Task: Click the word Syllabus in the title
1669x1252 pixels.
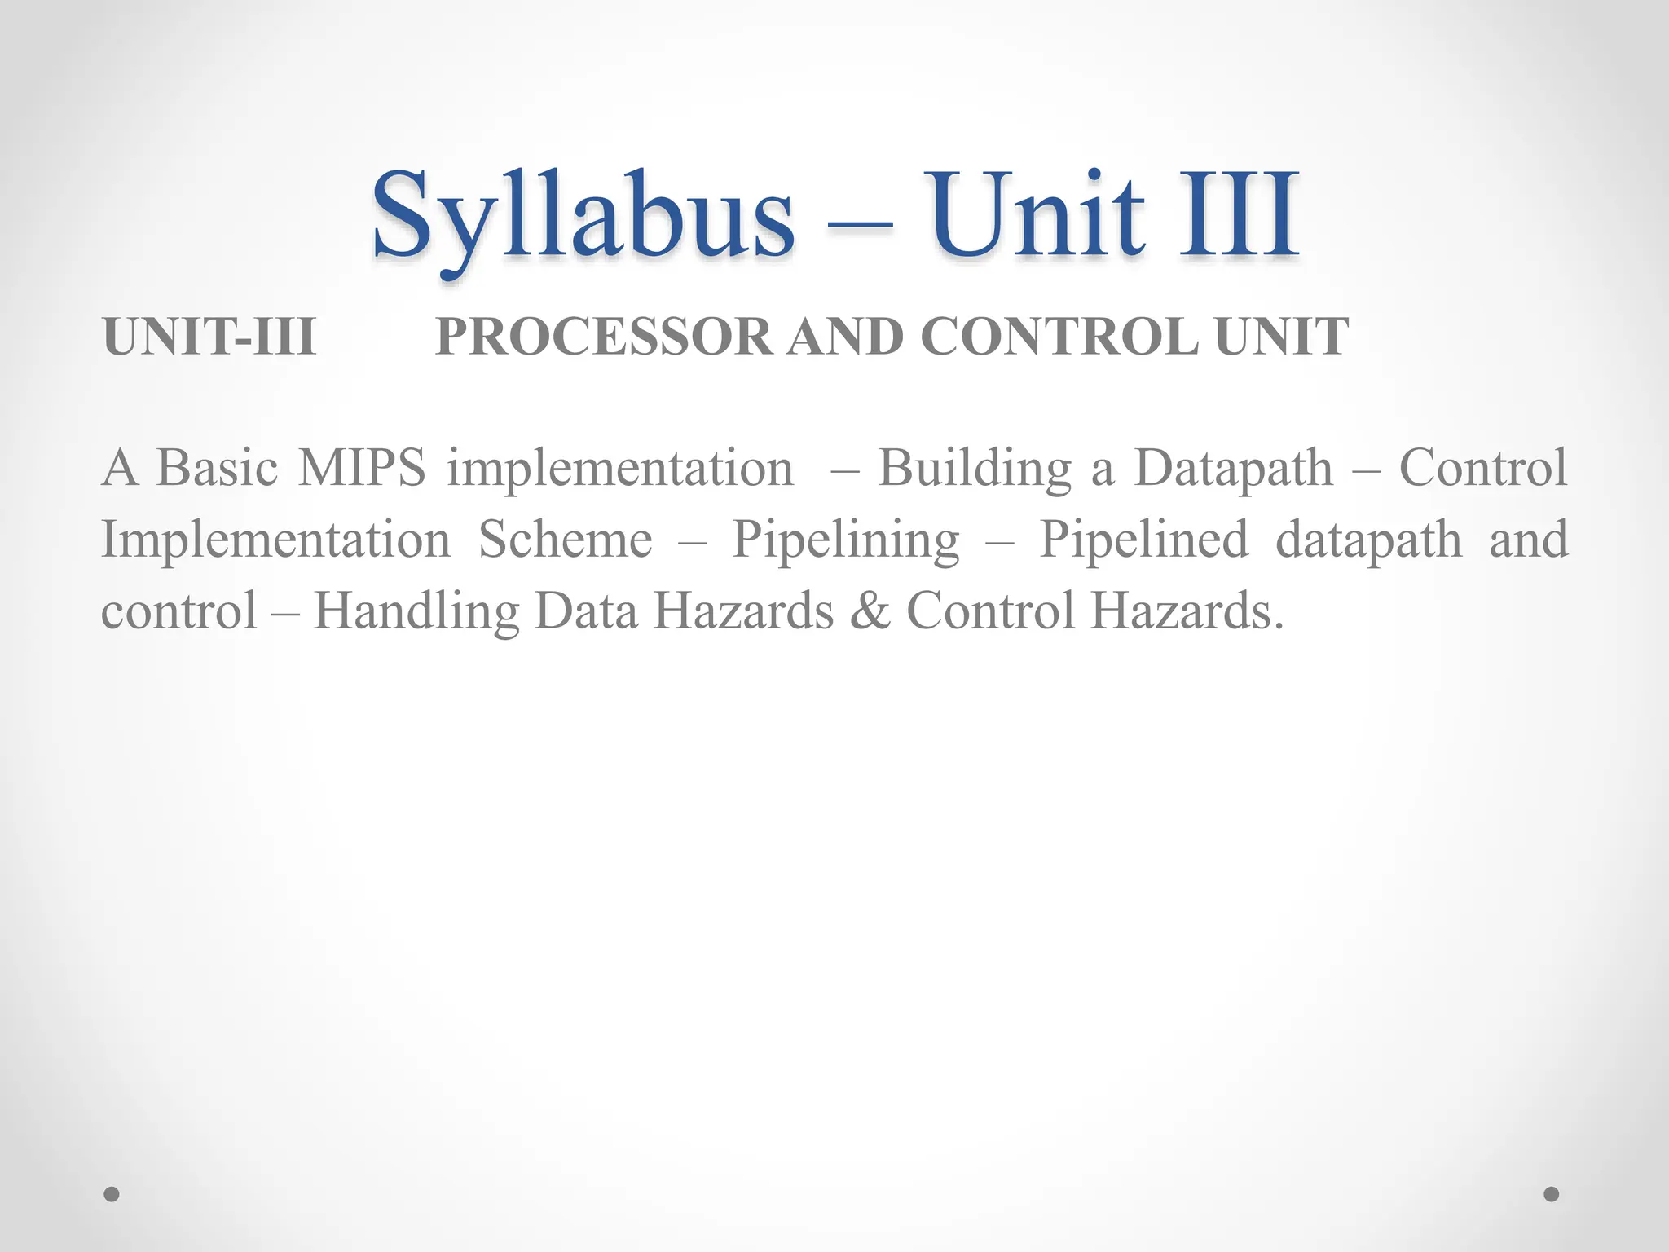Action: pyautogui.click(x=582, y=215)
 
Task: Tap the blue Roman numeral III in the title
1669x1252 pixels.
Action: pyautogui.click(x=1238, y=215)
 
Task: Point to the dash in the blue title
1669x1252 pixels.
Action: pyautogui.click(x=860, y=225)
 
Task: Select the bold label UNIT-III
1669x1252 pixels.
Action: pyautogui.click(x=209, y=337)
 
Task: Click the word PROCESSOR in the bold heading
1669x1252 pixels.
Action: pyautogui.click(x=604, y=337)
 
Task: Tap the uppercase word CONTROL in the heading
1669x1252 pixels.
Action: pyautogui.click(x=1059, y=337)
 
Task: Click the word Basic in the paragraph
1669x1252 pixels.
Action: pyautogui.click(x=217, y=468)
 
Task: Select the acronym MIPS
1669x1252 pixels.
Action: pyautogui.click(x=362, y=468)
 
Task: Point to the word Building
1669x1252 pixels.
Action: pyautogui.click(x=975, y=469)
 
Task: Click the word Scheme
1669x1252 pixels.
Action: pyautogui.click(x=565, y=540)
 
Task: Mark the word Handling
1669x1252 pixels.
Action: pyautogui.click(x=416, y=612)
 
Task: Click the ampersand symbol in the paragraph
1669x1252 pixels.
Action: pyautogui.click(x=870, y=612)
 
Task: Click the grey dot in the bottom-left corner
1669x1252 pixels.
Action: pyautogui.click(x=112, y=1194)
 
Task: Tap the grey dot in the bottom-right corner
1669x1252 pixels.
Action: pyautogui.click(x=1552, y=1194)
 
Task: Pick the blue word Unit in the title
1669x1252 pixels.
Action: pyautogui.click(x=1038, y=215)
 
